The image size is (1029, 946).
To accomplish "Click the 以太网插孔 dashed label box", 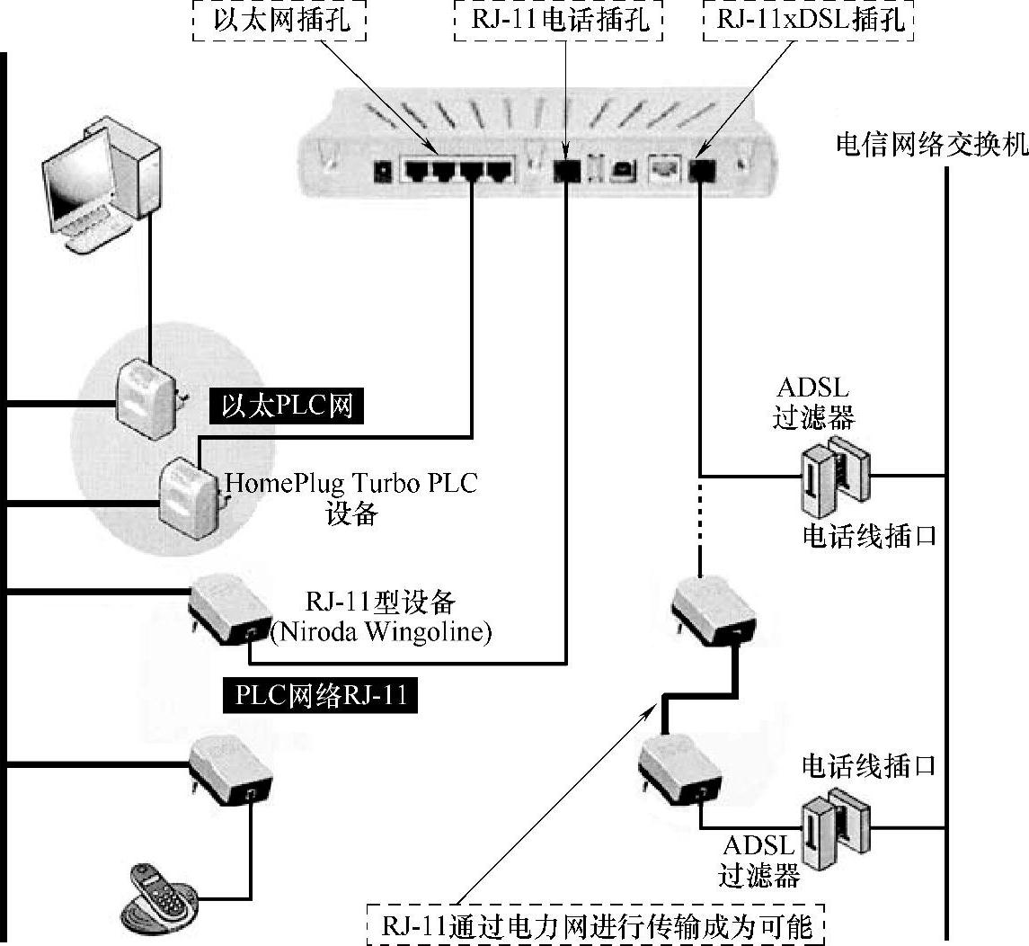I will [x=280, y=20].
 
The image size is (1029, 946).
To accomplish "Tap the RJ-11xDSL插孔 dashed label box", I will [x=807, y=20].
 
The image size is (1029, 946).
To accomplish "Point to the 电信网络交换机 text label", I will [x=931, y=145].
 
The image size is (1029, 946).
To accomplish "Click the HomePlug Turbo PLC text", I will [x=351, y=483].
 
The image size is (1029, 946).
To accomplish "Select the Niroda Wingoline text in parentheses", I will [x=381, y=632].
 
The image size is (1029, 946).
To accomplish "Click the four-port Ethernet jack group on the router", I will [x=458, y=168].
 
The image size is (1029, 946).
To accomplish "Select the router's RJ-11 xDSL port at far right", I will [x=700, y=169].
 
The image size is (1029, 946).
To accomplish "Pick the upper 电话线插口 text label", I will [x=869, y=537].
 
